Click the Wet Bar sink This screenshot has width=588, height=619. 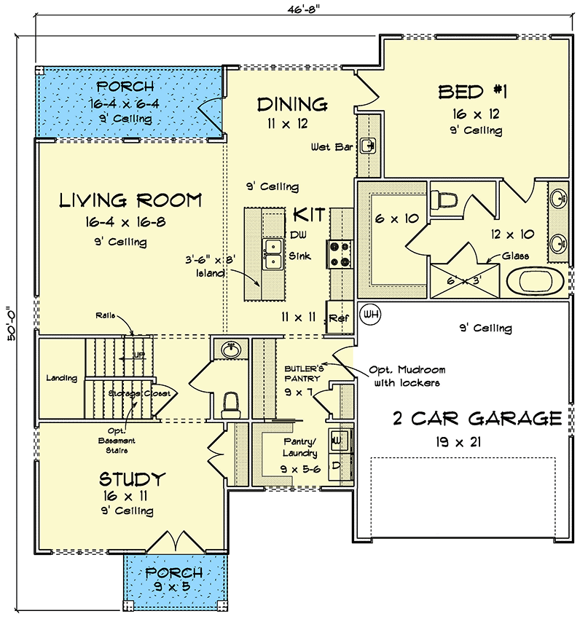369,146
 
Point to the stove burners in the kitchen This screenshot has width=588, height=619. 340,253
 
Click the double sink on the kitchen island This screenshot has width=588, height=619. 273,254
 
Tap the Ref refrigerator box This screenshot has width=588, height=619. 338,318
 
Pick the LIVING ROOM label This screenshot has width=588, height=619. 130,200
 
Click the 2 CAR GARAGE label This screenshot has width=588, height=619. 477,419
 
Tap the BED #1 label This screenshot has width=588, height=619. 472,92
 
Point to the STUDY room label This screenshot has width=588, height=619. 132,479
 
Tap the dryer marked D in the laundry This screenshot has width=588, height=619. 337,464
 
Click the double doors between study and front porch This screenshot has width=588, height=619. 173,543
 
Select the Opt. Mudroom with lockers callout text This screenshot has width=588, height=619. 407,376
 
